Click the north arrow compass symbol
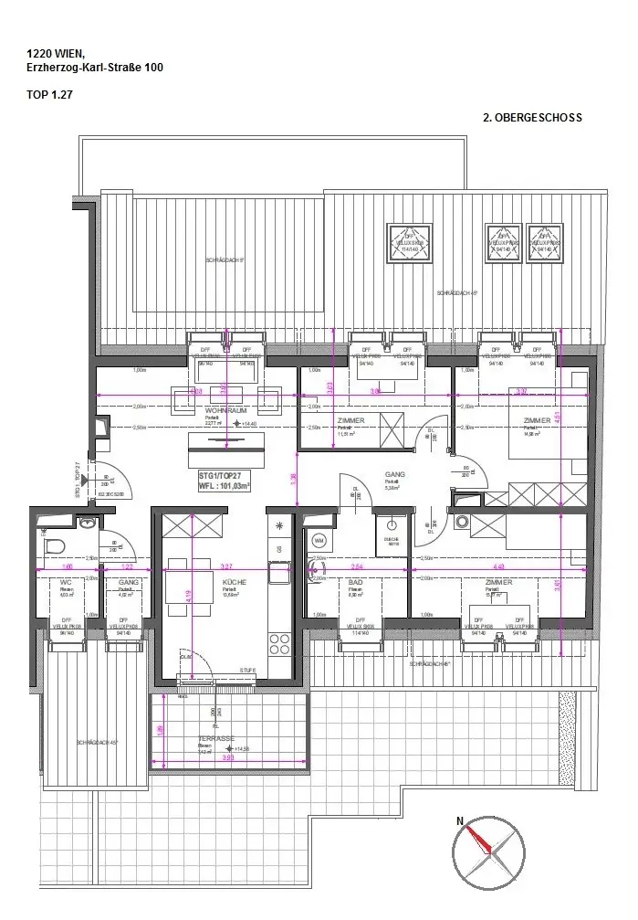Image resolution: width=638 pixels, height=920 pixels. pos(488,852)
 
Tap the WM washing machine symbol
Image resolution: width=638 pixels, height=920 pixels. pos(319,540)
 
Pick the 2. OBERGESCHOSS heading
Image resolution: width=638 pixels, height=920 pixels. pos(532,118)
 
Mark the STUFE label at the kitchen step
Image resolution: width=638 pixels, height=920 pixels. pos(246,671)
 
